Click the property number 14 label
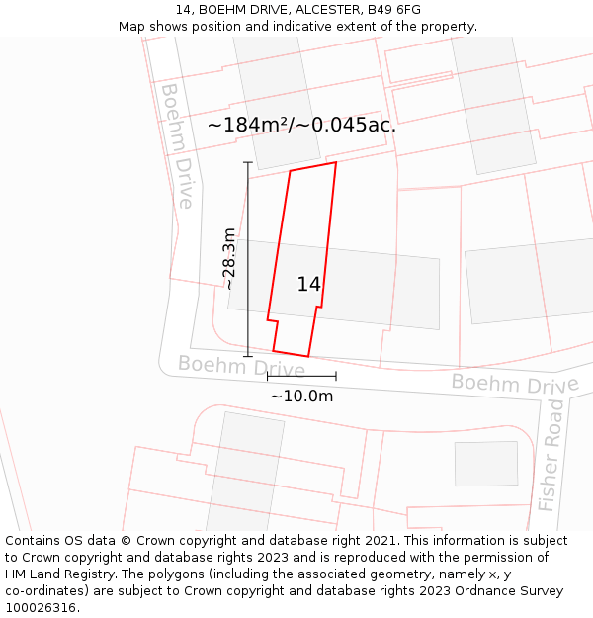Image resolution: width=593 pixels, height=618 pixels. click(308, 284)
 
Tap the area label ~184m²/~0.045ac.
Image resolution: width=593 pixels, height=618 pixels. click(301, 126)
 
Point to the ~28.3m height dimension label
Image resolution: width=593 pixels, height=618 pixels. click(229, 258)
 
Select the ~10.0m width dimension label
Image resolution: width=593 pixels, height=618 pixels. click(301, 396)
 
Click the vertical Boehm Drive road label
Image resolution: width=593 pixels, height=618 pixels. click(177, 145)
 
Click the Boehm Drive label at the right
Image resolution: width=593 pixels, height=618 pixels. click(515, 383)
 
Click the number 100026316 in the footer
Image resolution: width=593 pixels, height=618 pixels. click(40, 607)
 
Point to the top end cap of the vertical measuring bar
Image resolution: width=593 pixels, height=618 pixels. click(248, 163)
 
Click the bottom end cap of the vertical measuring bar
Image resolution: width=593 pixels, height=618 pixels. click(248, 356)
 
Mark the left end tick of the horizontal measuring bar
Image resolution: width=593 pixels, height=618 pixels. click(268, 376)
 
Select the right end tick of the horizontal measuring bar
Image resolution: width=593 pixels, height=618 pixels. click(336, 376)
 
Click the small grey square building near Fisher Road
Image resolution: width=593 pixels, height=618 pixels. click(485, 464)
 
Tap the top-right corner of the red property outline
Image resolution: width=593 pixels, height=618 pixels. click(336, 162)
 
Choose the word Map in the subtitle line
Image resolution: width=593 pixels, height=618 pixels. click(132, 27)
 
